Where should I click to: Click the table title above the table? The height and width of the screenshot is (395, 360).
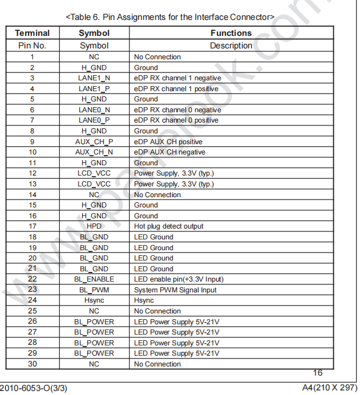170,17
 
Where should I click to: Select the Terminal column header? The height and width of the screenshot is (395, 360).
32,33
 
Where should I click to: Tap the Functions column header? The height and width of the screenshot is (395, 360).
230,33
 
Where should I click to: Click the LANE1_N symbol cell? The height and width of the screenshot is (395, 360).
94,78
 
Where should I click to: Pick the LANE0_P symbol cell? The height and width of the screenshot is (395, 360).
94,120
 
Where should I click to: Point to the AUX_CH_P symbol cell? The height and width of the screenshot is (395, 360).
94,142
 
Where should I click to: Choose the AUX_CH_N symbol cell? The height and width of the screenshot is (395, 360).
94,152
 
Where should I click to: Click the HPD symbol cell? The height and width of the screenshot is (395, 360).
94,226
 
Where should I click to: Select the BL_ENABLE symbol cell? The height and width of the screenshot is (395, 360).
94,279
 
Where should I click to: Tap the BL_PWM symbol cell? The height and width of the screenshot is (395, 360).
94,290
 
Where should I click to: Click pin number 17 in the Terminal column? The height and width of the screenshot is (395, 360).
32,226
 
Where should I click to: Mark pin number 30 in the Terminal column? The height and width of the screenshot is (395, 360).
32,364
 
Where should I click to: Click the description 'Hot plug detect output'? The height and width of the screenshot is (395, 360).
168,226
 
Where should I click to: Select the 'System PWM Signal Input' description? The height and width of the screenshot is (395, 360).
175,290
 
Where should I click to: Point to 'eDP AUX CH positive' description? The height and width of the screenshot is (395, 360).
168,142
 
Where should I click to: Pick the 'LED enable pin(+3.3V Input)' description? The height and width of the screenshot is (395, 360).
179,279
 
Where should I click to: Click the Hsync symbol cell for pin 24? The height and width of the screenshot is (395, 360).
94,300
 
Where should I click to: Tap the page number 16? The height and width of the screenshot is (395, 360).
317,373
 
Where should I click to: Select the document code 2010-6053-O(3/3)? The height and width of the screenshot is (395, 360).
34,388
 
